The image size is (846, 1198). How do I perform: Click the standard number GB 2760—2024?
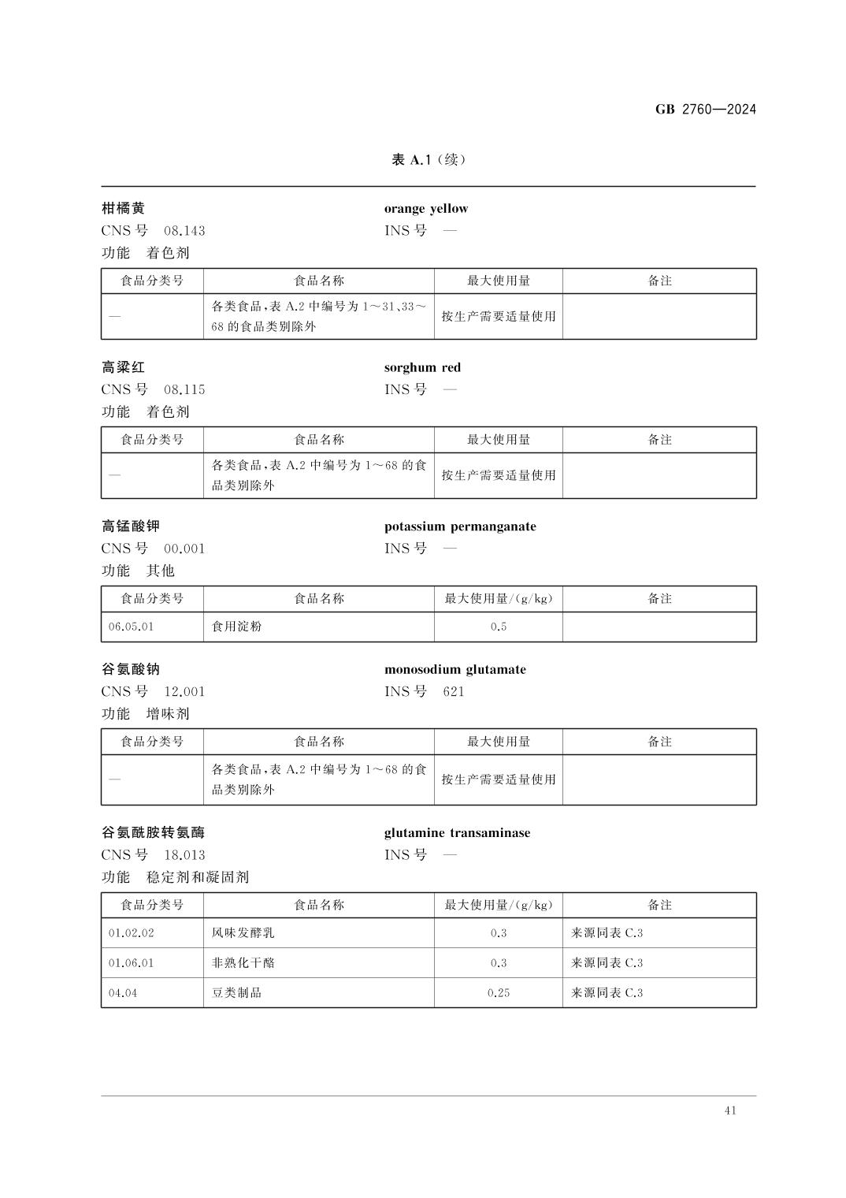705,110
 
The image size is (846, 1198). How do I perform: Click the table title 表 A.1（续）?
429,160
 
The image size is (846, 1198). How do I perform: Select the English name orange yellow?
425,209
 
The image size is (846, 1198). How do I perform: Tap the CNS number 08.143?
184,231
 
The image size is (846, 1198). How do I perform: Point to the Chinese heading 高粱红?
124,367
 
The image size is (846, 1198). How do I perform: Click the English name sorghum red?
422,367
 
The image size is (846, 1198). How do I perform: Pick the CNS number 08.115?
184,389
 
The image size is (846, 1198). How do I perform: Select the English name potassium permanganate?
460,526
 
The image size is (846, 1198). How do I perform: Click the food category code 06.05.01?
132,627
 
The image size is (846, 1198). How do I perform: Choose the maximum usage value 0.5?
498,627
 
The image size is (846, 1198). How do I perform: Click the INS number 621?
454,692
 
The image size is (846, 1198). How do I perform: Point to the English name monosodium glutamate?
455,670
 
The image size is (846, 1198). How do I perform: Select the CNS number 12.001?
184,692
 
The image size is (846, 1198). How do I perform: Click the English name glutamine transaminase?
457,833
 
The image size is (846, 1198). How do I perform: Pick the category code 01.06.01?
132,963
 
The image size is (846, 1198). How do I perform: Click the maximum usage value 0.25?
498,993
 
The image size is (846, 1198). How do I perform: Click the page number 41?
729,1111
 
